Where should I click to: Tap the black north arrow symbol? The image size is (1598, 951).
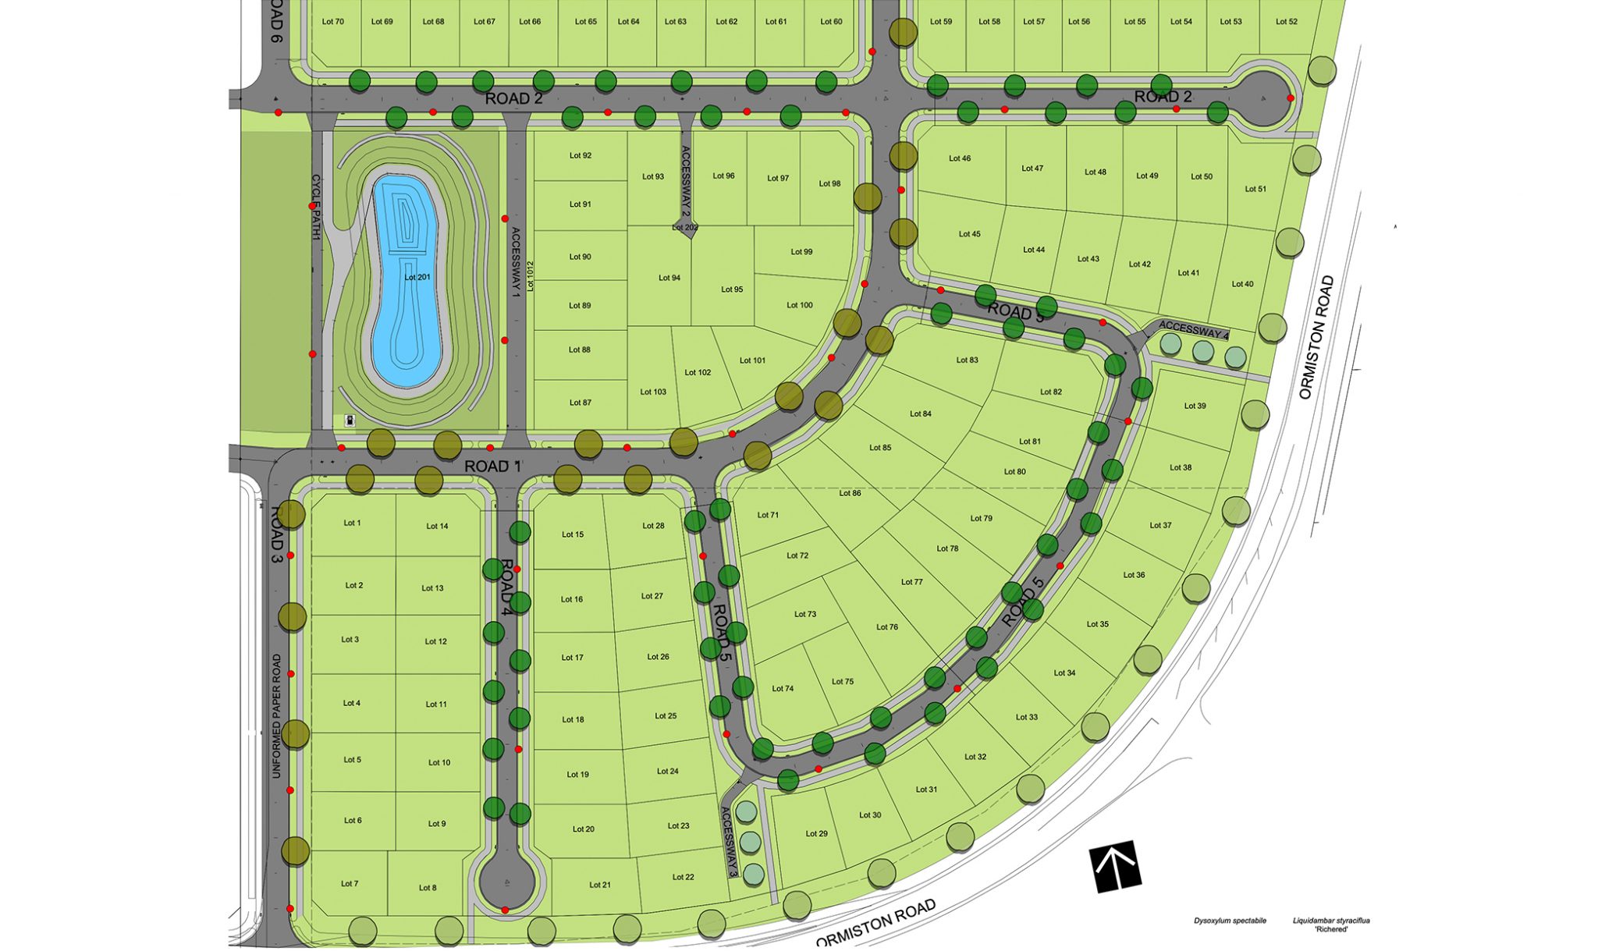(x=1115, y=865)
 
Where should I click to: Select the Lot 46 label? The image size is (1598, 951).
(x=960, y=158)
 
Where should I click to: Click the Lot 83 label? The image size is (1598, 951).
(x=967, y=360)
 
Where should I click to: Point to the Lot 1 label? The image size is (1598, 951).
(x=352, y=523)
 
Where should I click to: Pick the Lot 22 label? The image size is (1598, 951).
(x=683, y=877)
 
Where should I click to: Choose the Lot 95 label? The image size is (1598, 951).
(x=732, y=289)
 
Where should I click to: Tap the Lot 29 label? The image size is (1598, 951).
(x=816, y=833)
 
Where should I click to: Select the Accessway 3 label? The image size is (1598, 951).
(x=729, y=842)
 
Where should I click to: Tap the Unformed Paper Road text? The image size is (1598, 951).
(x=276, y=715)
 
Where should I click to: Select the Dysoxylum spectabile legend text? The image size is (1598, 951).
(x=1230, y=921)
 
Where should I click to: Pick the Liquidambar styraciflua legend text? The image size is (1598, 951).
(x=1330, y=924)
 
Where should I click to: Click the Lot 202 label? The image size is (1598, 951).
(x=685, y=228)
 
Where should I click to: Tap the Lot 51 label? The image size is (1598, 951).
(x=1255, y=189)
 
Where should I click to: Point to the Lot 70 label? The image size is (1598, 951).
(x=332, y=22)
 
